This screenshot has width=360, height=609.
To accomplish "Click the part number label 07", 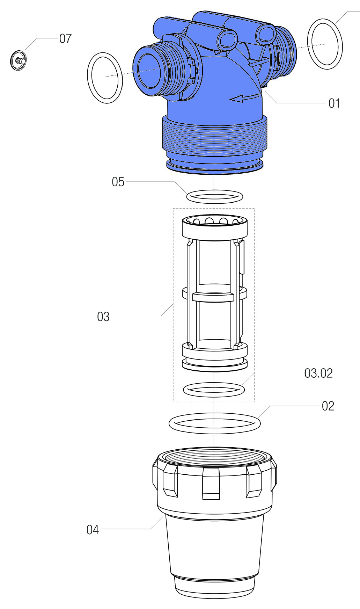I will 65,38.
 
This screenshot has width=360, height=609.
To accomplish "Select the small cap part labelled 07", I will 18,60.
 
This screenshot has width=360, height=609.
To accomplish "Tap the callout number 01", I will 334,103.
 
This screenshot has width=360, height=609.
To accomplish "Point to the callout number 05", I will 118,182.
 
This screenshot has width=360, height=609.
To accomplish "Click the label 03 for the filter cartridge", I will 103,317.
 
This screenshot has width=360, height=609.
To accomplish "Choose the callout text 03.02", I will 318,374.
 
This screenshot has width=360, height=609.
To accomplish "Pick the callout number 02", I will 328,406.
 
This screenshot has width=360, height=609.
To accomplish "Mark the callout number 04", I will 93,530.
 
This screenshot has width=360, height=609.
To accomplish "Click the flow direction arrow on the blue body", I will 244,99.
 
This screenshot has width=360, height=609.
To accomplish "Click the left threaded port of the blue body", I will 154,72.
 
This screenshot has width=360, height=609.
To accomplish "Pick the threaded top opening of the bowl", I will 214,458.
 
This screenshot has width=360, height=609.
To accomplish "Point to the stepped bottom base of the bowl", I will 214,587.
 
